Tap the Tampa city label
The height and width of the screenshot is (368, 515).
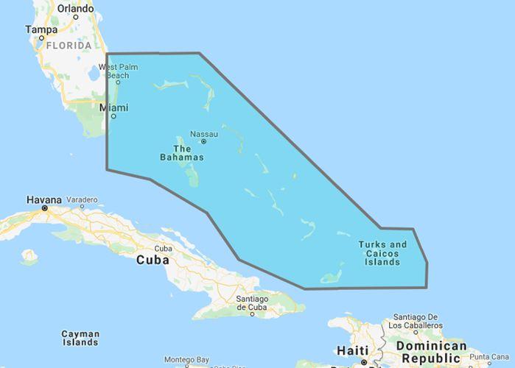click(41, 29)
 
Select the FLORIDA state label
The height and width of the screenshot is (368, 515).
click(68, 46)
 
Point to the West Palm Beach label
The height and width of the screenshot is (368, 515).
click(119, 71)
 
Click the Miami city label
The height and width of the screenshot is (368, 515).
click(113, 107)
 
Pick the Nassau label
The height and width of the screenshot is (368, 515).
click(204, 133)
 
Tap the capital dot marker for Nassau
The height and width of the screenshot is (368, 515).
click(204, 141)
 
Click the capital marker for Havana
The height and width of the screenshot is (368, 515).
click(45, 208)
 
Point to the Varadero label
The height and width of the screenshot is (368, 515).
click(82, 199)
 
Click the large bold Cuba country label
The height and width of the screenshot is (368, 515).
click(153, 260)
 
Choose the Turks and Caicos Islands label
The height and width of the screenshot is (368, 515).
click(382, 253)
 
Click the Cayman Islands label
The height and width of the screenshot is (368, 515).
click(80, 338)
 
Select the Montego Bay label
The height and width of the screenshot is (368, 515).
click(186, 360)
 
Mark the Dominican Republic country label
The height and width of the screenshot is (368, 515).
click(431, 351)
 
